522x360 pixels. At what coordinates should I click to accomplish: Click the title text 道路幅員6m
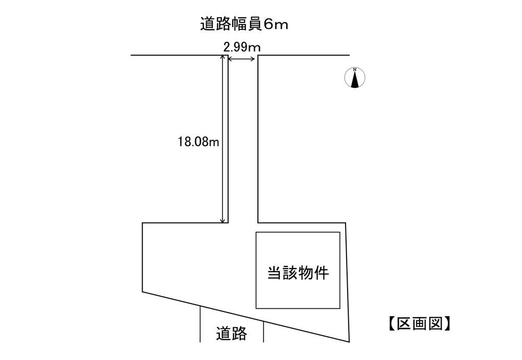244,25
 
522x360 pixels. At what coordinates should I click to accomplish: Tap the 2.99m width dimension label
242,48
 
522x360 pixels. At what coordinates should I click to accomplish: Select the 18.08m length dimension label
198,142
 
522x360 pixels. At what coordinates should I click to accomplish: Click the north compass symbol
355,78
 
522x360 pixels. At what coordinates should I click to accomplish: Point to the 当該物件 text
298,273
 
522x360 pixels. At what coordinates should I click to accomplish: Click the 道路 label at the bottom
231,333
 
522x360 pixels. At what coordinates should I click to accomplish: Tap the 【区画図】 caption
420,323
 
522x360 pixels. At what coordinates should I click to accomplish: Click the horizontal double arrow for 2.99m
242,59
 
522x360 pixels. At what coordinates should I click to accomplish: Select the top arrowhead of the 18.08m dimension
223,58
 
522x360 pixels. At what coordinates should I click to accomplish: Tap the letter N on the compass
355,69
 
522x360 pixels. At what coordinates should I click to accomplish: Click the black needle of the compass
355,79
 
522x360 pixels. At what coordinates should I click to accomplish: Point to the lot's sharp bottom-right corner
349,342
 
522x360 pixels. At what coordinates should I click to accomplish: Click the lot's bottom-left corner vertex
143,292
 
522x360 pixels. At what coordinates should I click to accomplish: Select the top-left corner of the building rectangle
256,233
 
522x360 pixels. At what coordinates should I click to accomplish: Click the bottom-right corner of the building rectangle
340,308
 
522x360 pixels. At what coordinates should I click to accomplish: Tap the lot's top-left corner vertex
143,223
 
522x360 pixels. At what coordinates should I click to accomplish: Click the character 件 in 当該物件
322,273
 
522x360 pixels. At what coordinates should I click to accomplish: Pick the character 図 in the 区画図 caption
435,323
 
